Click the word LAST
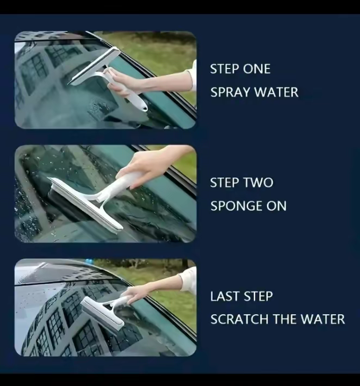[x=225, y=296]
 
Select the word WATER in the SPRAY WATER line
[x=276, y=92]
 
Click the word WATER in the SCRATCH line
[x=323, y=319]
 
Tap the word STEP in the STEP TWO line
[x=225, y=183]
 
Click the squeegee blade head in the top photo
[x=94, y=66]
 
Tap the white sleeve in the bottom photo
[x=189, y=281]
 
